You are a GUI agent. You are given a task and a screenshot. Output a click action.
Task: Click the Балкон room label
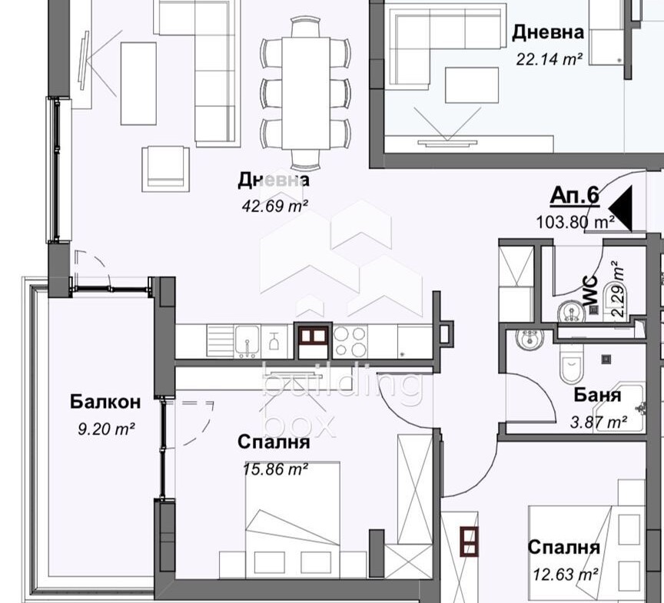tap(105, 402)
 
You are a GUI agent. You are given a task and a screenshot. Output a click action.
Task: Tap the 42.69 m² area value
tap(275, 206)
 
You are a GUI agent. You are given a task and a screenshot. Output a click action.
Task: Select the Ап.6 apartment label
tap(575, 196)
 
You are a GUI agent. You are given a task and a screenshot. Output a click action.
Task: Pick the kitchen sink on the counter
tap(247, 341)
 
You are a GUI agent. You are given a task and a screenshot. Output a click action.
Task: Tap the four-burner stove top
tap(350, 342)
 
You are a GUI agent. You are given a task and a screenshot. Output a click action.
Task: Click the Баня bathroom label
tap(597, 395)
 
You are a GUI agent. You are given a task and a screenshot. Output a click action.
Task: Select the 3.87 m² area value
tap(599, 422)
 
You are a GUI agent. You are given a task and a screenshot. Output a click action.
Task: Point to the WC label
tap(590, 290)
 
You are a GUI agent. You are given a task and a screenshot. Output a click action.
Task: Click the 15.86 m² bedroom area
tap(275, 469)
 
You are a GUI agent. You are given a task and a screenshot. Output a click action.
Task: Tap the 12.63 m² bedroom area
tap(565, 575)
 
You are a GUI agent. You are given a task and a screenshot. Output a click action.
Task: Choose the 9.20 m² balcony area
tap(106, 429)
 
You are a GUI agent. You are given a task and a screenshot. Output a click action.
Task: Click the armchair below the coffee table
tap(165, 169)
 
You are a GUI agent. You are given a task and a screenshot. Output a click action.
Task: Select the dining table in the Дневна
tap(306, 93)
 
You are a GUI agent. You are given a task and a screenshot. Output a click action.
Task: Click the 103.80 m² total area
tap(576, 222)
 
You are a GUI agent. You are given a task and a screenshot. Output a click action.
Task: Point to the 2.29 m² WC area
tap(618, 289)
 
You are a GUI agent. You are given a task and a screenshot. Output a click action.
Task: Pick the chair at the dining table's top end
tap(306, 27)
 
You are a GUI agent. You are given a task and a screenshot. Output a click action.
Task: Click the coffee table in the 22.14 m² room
tap(471, 84)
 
